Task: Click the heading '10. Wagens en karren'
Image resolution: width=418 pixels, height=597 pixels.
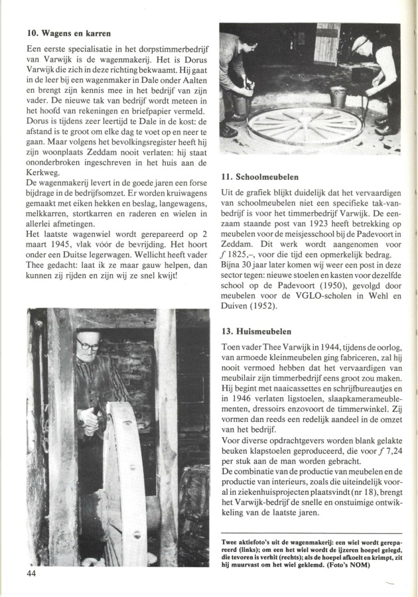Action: (x=68, y=33)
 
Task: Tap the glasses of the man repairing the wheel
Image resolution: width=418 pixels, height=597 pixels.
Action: (x=87, y=346)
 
